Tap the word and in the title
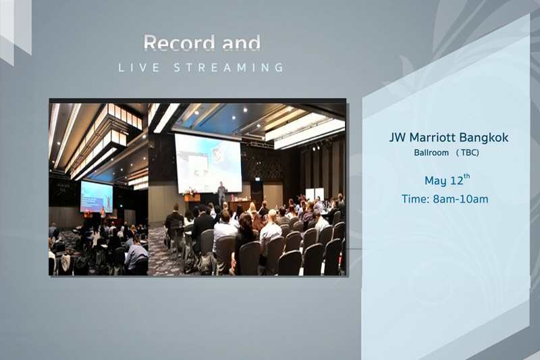click(241, 43)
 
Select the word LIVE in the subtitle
click(139, 68)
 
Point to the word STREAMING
click(229, 68)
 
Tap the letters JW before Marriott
click(398, 138)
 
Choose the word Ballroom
click(431, 152)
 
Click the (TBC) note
click(468, 152)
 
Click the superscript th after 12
click(466, 176)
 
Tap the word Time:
click(416, 199)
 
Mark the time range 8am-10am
click(460, 199)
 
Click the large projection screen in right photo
click(209, 163)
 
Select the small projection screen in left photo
click(97, 197)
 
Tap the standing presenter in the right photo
click(222, 194)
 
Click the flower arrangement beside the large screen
click(190, 192)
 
